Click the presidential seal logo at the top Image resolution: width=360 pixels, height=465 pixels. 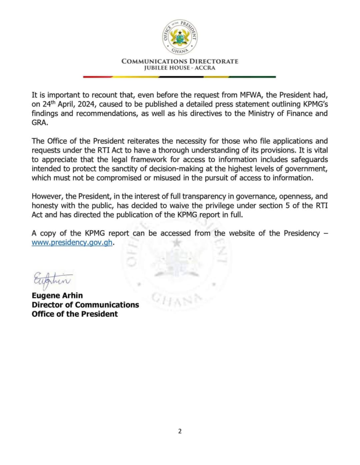[180, 37]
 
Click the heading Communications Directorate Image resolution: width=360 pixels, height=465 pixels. [180, 61]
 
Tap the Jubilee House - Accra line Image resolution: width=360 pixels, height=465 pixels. [180, 68]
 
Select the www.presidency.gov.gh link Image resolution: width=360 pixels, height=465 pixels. [72, 242]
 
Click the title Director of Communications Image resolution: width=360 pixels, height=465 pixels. [85, 304]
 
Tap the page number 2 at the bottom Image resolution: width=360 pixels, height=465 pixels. [180, 431]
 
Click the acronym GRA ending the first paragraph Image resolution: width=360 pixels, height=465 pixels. [40, 123]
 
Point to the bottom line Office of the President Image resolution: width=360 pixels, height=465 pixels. [75, 314]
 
